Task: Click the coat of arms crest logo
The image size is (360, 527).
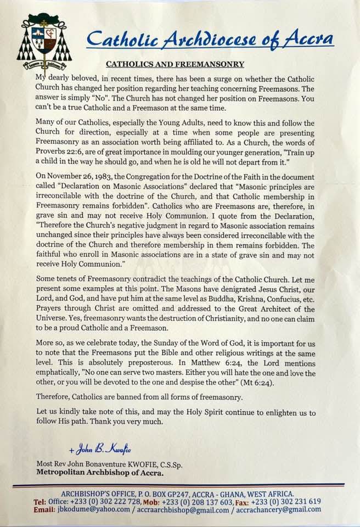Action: pyautogui.click(x=44, y=43)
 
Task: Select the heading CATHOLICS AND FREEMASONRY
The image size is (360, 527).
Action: pyautogui.click(x=175, y=64)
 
